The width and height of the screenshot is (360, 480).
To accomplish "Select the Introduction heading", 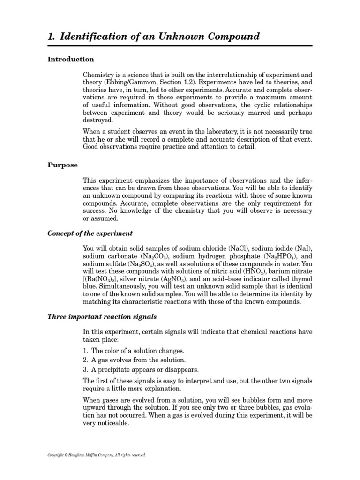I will coord(71,60).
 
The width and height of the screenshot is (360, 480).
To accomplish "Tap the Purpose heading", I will coord(63,165).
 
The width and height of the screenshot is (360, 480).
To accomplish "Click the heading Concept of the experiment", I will coord(90,233).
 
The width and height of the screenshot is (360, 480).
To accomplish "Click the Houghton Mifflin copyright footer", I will coord(97,455).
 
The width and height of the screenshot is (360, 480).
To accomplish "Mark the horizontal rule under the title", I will coord(180,46).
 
